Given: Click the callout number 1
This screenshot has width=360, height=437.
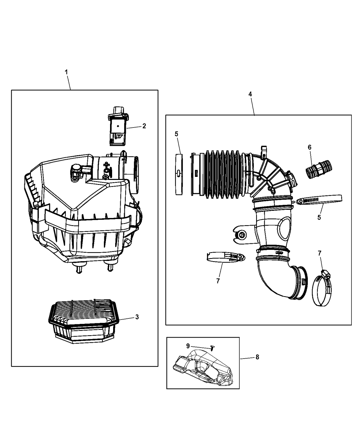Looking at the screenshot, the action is (x=66, y=72).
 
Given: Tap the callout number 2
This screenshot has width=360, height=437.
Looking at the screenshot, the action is (x=144, y=126).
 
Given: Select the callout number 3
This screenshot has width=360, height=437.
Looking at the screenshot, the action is (x=137, y=317).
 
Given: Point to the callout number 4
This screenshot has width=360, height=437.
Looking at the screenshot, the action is (x=250, y=94).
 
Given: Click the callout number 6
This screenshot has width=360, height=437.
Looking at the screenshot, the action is (x=310, y=147).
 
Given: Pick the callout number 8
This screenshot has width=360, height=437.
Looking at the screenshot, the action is (x=257, y=357).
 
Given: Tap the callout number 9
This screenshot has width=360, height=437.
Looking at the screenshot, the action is (x=188, y=346).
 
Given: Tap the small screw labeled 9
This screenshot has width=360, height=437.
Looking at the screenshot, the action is (x=213, y=348).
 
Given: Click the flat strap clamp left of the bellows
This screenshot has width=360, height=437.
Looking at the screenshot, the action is (x=179, y=174).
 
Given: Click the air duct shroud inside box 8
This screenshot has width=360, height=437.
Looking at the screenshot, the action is (x=203, y=367).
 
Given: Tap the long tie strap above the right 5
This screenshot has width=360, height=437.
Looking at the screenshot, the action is (x=319, y=200).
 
